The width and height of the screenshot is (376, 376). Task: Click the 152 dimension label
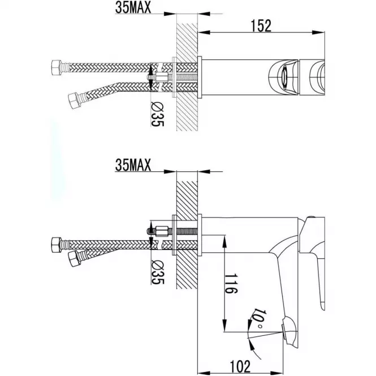click(x=261, y=26)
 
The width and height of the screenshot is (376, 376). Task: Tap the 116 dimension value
click(x=231, y=283)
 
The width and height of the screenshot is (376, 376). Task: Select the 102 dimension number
click(x=240, y=366)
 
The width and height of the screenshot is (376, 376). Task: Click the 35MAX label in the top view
click(x=133, y=7)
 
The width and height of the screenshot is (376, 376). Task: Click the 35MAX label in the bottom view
click(x=133, y=165)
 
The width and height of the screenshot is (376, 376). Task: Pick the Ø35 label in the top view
click(x=157, y=114)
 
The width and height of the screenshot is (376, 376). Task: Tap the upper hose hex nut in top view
click(x=57, y=68)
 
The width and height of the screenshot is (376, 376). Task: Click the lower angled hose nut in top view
click(x=74, y=101)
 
